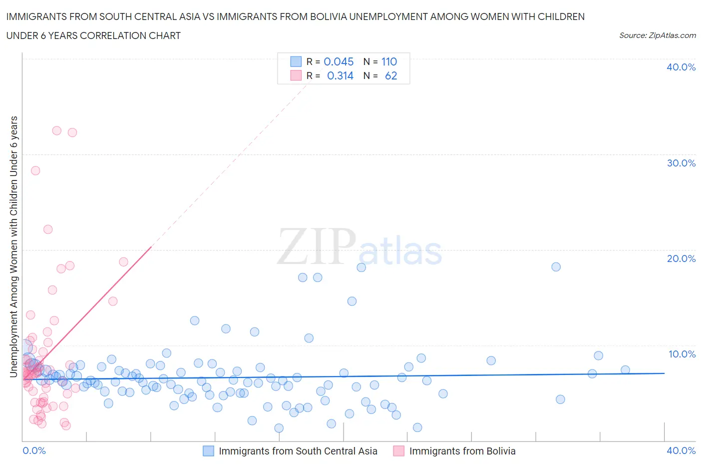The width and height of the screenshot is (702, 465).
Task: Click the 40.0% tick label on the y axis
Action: (681, 67)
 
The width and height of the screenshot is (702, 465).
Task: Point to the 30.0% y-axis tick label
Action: (681, 163)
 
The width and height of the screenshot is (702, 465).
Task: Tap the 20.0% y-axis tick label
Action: (681, 258)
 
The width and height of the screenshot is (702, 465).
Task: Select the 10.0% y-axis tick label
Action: (682, 354)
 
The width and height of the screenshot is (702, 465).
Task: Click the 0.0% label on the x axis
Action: (34, 450)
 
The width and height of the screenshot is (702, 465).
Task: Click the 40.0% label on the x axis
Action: (681, 450)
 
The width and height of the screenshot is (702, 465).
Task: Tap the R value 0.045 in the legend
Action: (339, 61)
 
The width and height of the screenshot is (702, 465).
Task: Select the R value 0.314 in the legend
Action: (340, 75)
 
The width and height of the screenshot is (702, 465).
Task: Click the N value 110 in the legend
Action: (389, 61)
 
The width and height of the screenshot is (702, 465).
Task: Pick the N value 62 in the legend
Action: (391, 75)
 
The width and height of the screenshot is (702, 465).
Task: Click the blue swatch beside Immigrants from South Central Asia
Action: (208, 451)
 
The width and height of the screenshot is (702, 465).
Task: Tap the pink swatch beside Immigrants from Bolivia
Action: (398, 451)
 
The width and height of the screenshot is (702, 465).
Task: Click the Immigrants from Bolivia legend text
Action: (462, 451)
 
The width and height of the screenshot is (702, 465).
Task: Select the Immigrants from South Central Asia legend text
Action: (298, 451)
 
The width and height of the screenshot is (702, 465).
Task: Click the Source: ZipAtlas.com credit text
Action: (657, 35)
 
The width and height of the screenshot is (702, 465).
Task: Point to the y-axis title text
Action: (13, 246)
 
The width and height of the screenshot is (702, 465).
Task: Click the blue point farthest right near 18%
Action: (556, 266)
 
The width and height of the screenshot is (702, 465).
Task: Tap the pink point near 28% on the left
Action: (35, 170)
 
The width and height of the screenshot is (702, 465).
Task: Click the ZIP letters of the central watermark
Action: (316, 246)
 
